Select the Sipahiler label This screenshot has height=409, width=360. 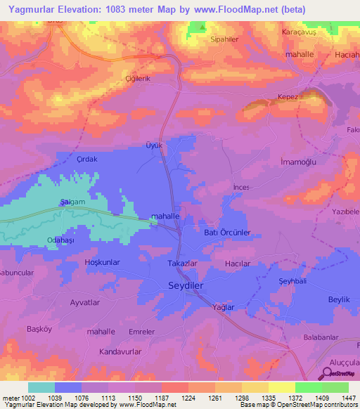(x=227, y=40)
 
